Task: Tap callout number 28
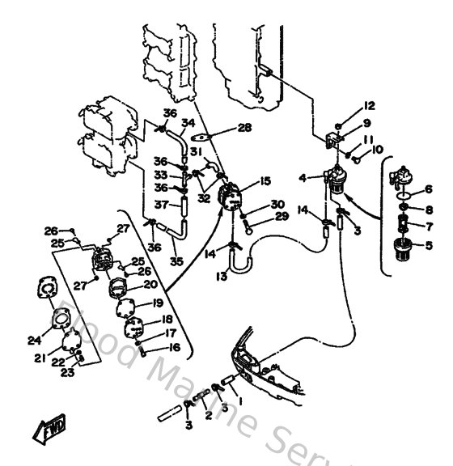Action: [x=244, y=128]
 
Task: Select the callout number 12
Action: [x=370, y=106]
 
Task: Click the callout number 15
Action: [x=265, y=183]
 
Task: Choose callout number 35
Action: [x=176, y=263]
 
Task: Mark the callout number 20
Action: [x=150, y=284]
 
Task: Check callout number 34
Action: [x=188, y=123]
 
